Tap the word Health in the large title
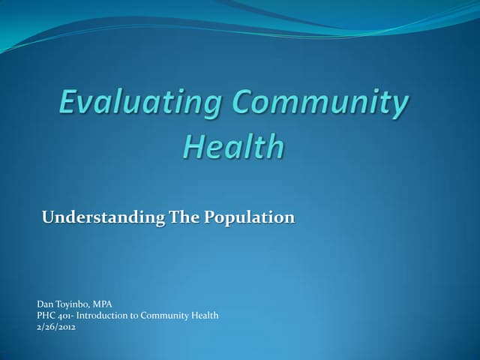(x=233, y=145)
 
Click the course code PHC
(x=46, y=316)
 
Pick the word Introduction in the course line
(x=104, y=316)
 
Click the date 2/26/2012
(x=57, y=327)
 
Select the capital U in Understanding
(x=48, y=218)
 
